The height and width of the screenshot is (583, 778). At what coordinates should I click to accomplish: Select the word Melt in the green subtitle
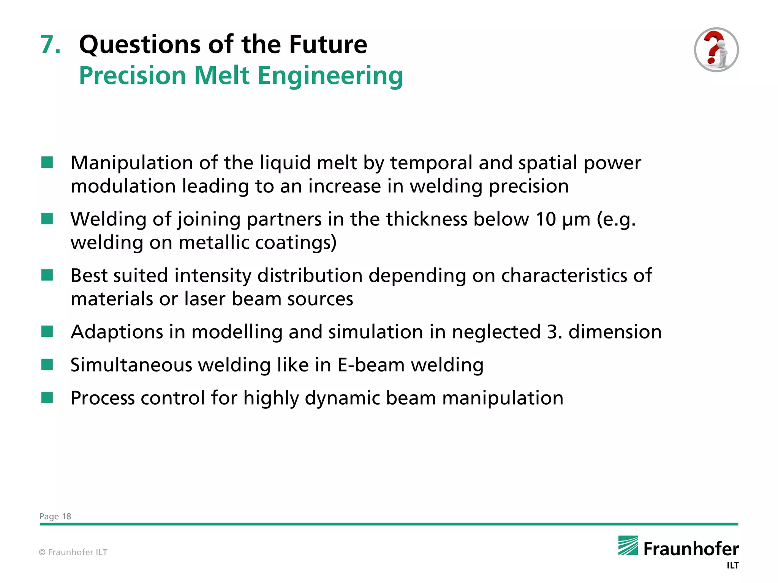coord(222,76)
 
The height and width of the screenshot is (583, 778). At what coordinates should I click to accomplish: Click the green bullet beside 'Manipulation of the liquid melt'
coord(47,162)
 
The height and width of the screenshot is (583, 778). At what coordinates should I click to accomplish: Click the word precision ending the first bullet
coord(528,186)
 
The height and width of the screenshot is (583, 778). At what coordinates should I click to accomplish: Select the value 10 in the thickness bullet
coord(546,219)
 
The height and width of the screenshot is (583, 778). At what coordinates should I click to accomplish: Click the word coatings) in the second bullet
coord(296,243)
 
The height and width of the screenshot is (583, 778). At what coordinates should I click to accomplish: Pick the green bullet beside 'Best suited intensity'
coord(47,275)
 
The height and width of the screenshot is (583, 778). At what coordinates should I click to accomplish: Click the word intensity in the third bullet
coord(213,276)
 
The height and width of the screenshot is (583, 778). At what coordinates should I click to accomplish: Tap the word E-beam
coord(371,365)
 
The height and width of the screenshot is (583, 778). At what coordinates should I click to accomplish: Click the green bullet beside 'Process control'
coord(47,398)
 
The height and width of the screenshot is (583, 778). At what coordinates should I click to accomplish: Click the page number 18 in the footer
coord(66,516)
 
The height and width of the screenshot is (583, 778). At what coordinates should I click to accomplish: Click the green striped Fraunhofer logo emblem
coord(628,545)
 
